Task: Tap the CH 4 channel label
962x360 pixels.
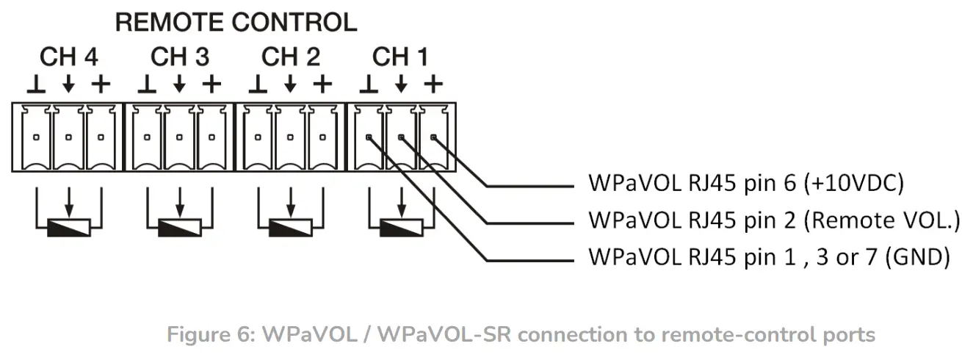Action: point(68,56)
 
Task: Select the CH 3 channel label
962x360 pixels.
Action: point(179,56)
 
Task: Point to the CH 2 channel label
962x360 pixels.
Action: point(290,56)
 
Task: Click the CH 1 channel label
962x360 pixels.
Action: point(401,56)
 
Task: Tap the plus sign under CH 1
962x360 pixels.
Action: point(433,84)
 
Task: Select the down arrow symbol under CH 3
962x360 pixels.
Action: point(179,85)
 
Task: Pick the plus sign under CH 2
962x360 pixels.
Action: point(322,84)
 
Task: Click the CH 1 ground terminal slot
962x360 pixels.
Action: point(369,137)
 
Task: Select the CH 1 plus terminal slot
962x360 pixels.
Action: point(433,137)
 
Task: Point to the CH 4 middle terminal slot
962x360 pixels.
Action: point(68,137)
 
